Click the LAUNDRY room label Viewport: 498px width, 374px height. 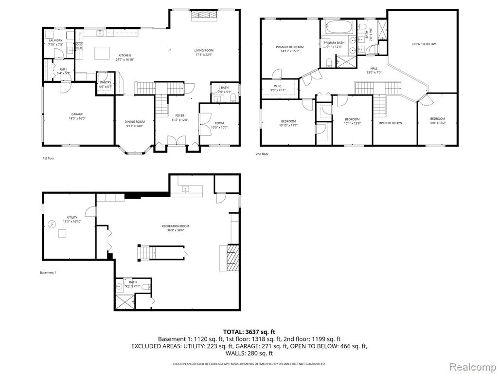[x=55, y=41]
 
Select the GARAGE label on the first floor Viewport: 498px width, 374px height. [x=77, y=114]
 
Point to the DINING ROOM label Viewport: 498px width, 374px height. [x=135, y=121]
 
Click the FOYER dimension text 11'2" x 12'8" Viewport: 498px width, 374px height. [x=179, y=119]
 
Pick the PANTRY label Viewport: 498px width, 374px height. [x=106, y=82]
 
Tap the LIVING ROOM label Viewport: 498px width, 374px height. [x=204, y=50]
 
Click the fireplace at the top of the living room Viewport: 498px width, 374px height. [x=204, y=16]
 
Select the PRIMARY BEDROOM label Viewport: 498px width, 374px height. [x=289, y=47]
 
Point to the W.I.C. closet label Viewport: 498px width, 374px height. [x=278, y=86]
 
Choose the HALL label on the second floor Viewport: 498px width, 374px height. [x=373, y=68]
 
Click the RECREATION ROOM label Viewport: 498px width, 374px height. [x=176, y=226]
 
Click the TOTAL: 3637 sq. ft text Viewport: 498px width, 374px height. [x=249, y=332]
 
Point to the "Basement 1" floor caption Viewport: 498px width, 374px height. [x=48, y=272]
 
